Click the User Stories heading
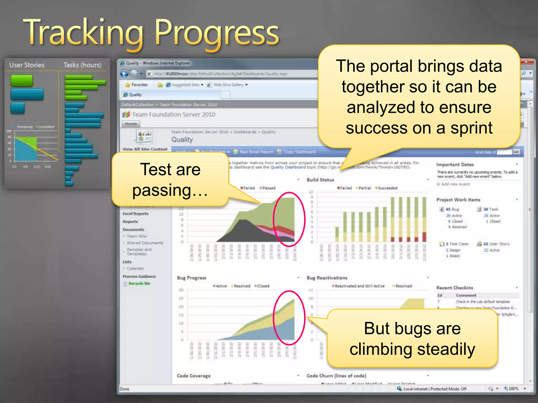[x=27, y=65]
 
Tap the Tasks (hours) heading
[x=82, y=65]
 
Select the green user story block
[x=22, y=81]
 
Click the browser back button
[x=124, y=74]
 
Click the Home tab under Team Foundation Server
[x=131, y=124]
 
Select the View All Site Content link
[x=145, y=149]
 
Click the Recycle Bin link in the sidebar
[x=139, y=283]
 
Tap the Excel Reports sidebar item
[x=135, y=214]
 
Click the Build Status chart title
[x=320, y=180]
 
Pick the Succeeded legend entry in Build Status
[x=387, y=188]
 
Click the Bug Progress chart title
[x=192, y=278]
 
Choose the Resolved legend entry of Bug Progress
[x=242, y=286]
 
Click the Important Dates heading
[x=455, y=165]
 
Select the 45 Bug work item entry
[x=452, y=209]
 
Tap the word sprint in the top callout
[x=471, y=128]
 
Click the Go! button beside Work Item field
[x=516, y=152]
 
